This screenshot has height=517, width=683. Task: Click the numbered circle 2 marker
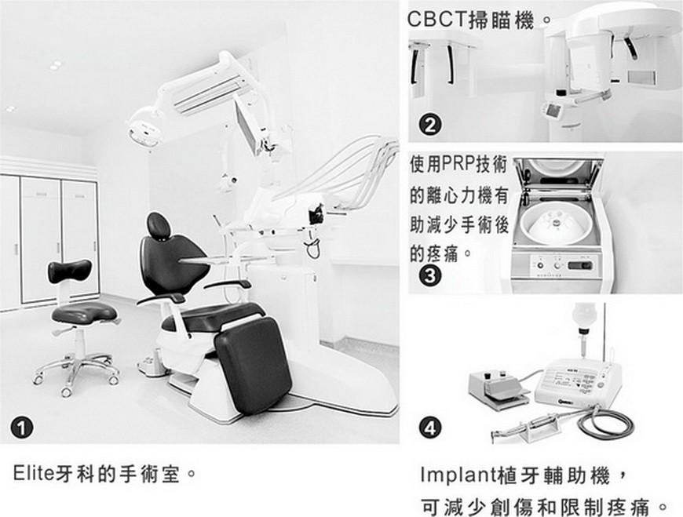click(x=431, y=125)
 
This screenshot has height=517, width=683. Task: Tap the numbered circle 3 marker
click(x=431, y=276)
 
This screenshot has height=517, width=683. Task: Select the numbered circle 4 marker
click(x=431, y=428)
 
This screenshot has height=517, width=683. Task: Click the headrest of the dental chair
click(x=159, y=226)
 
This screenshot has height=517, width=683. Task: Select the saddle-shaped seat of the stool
click(x=84, y=312)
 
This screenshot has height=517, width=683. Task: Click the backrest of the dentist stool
click(x=69, y=271)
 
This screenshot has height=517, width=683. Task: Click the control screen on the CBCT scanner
click(x=556, y=109)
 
